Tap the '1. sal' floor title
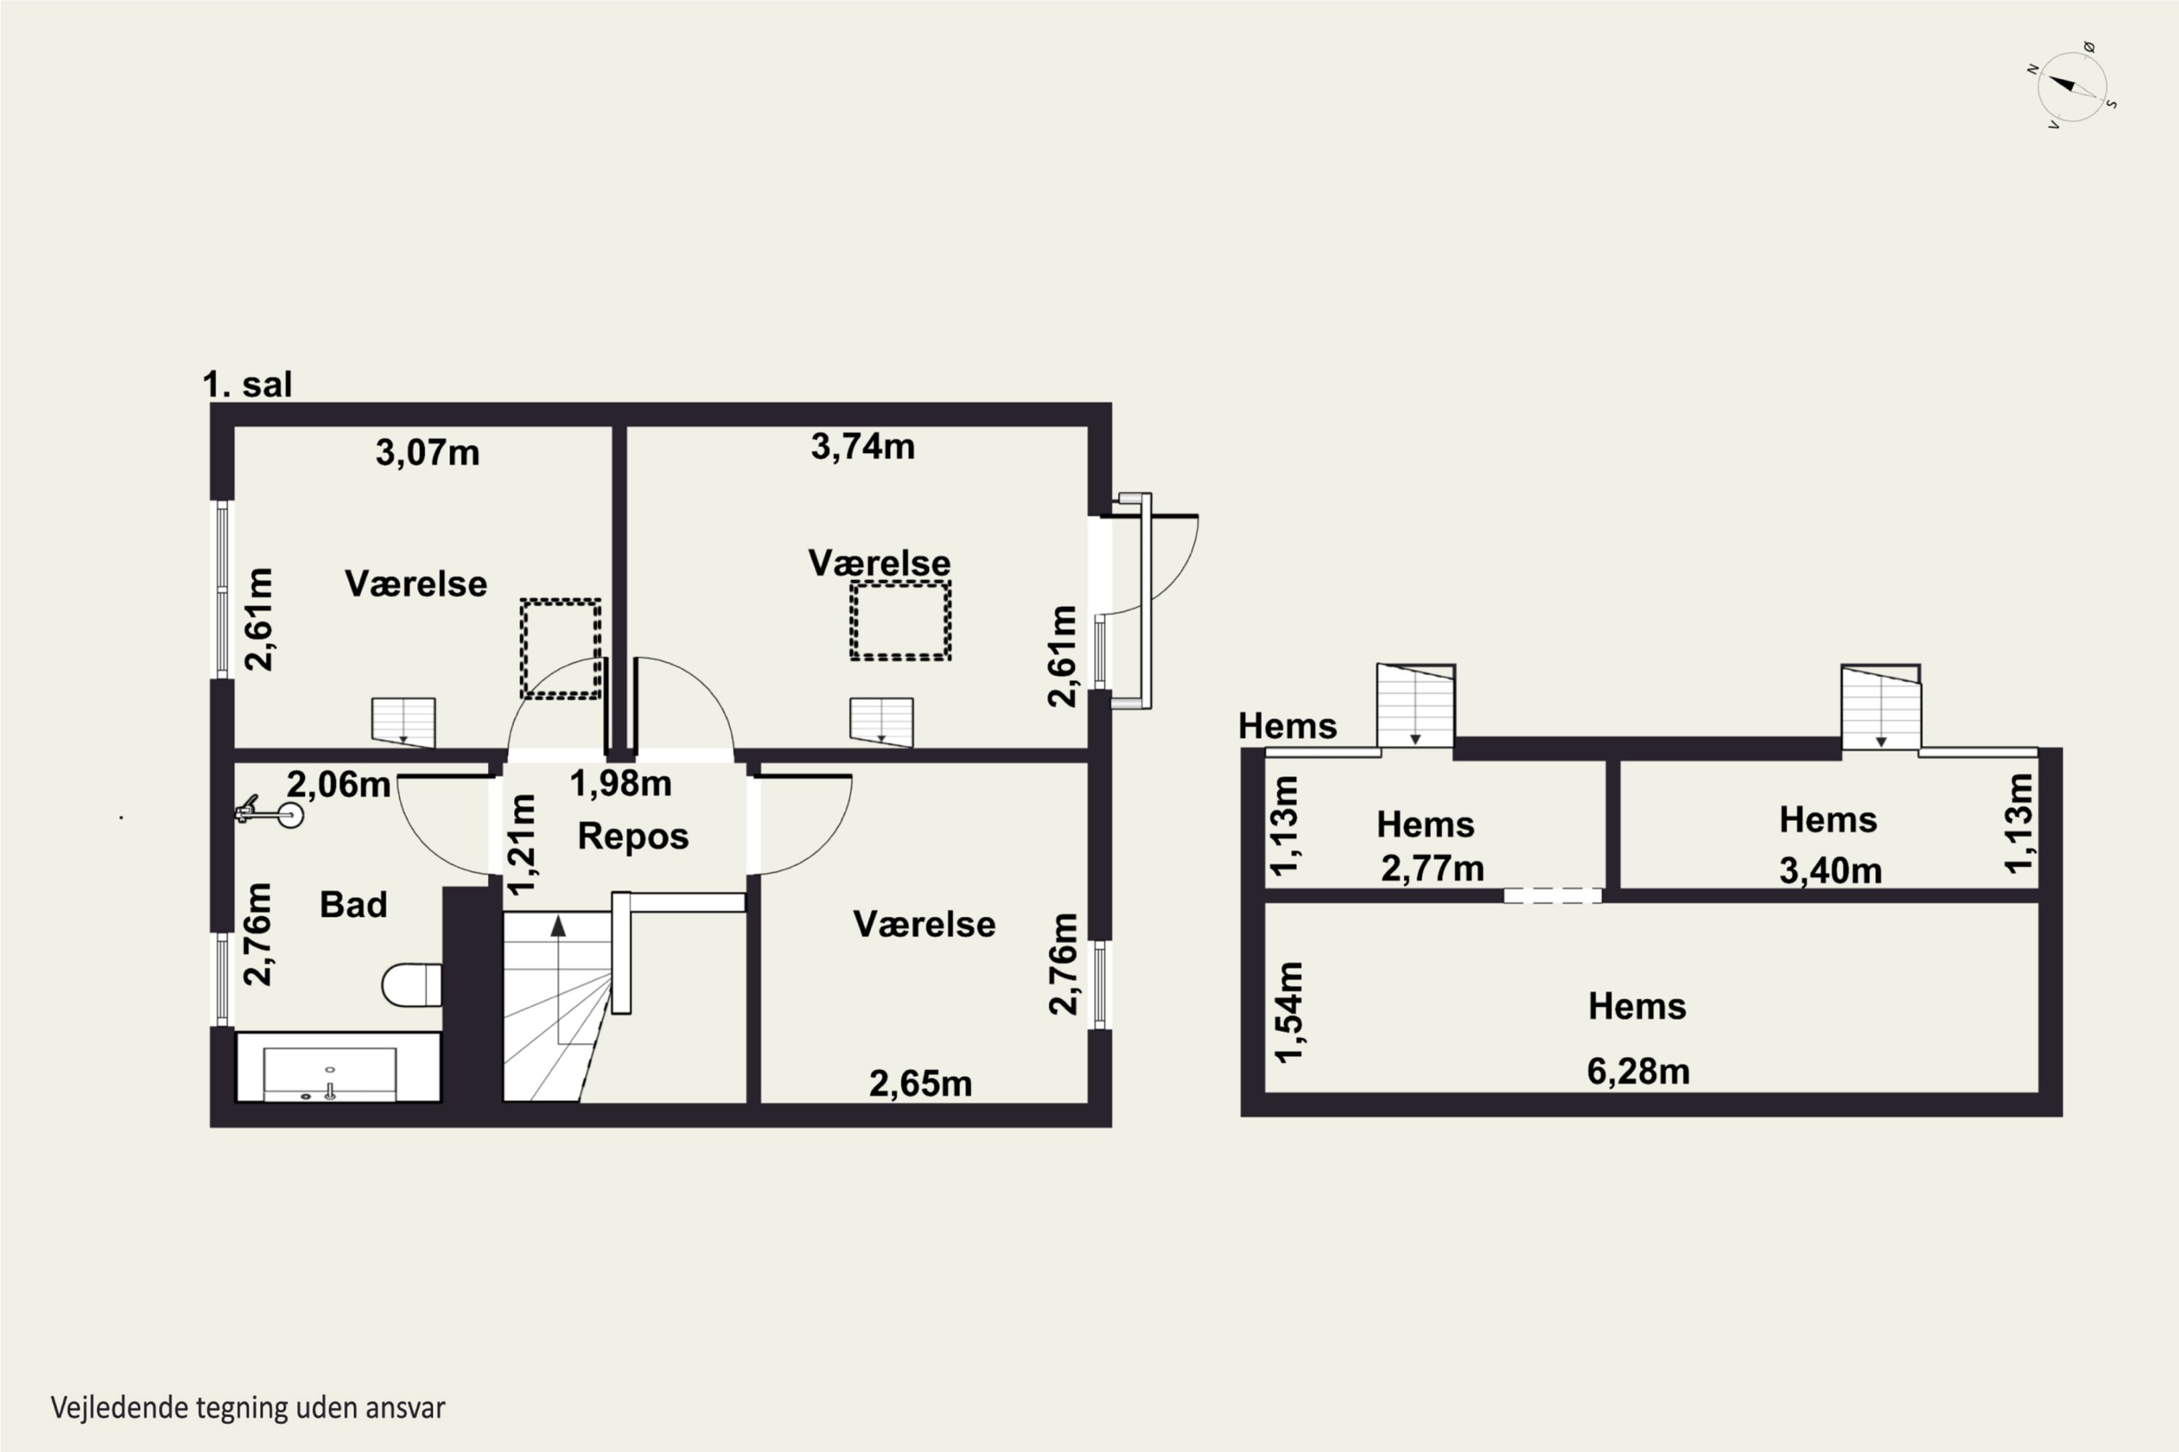(x=248, y=384)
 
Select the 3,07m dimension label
(x=427, y=453)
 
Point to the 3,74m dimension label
(x=863, y=447)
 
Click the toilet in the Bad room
(x=411, y=984)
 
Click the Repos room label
(x=633, y=836)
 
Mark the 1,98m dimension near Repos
(x=620, y=783)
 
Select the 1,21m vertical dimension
(x=524, y=844)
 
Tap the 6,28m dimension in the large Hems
(x=1638, y=1072)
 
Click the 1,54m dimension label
(x=1289, y=1012)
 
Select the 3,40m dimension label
(x=1830, y=871)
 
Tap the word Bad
(x=353, y=905)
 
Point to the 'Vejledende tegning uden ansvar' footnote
(x=248, y=1408)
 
